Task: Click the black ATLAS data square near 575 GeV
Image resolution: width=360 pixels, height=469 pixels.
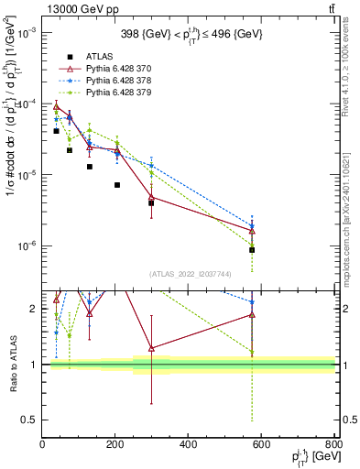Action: [252, 249]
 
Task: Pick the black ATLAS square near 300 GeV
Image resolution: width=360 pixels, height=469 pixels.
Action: [151, 202]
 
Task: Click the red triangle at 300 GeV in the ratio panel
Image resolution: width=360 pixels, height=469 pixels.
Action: [151, 348]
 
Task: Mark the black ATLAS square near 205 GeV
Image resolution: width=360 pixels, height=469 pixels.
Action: [117, 185]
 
